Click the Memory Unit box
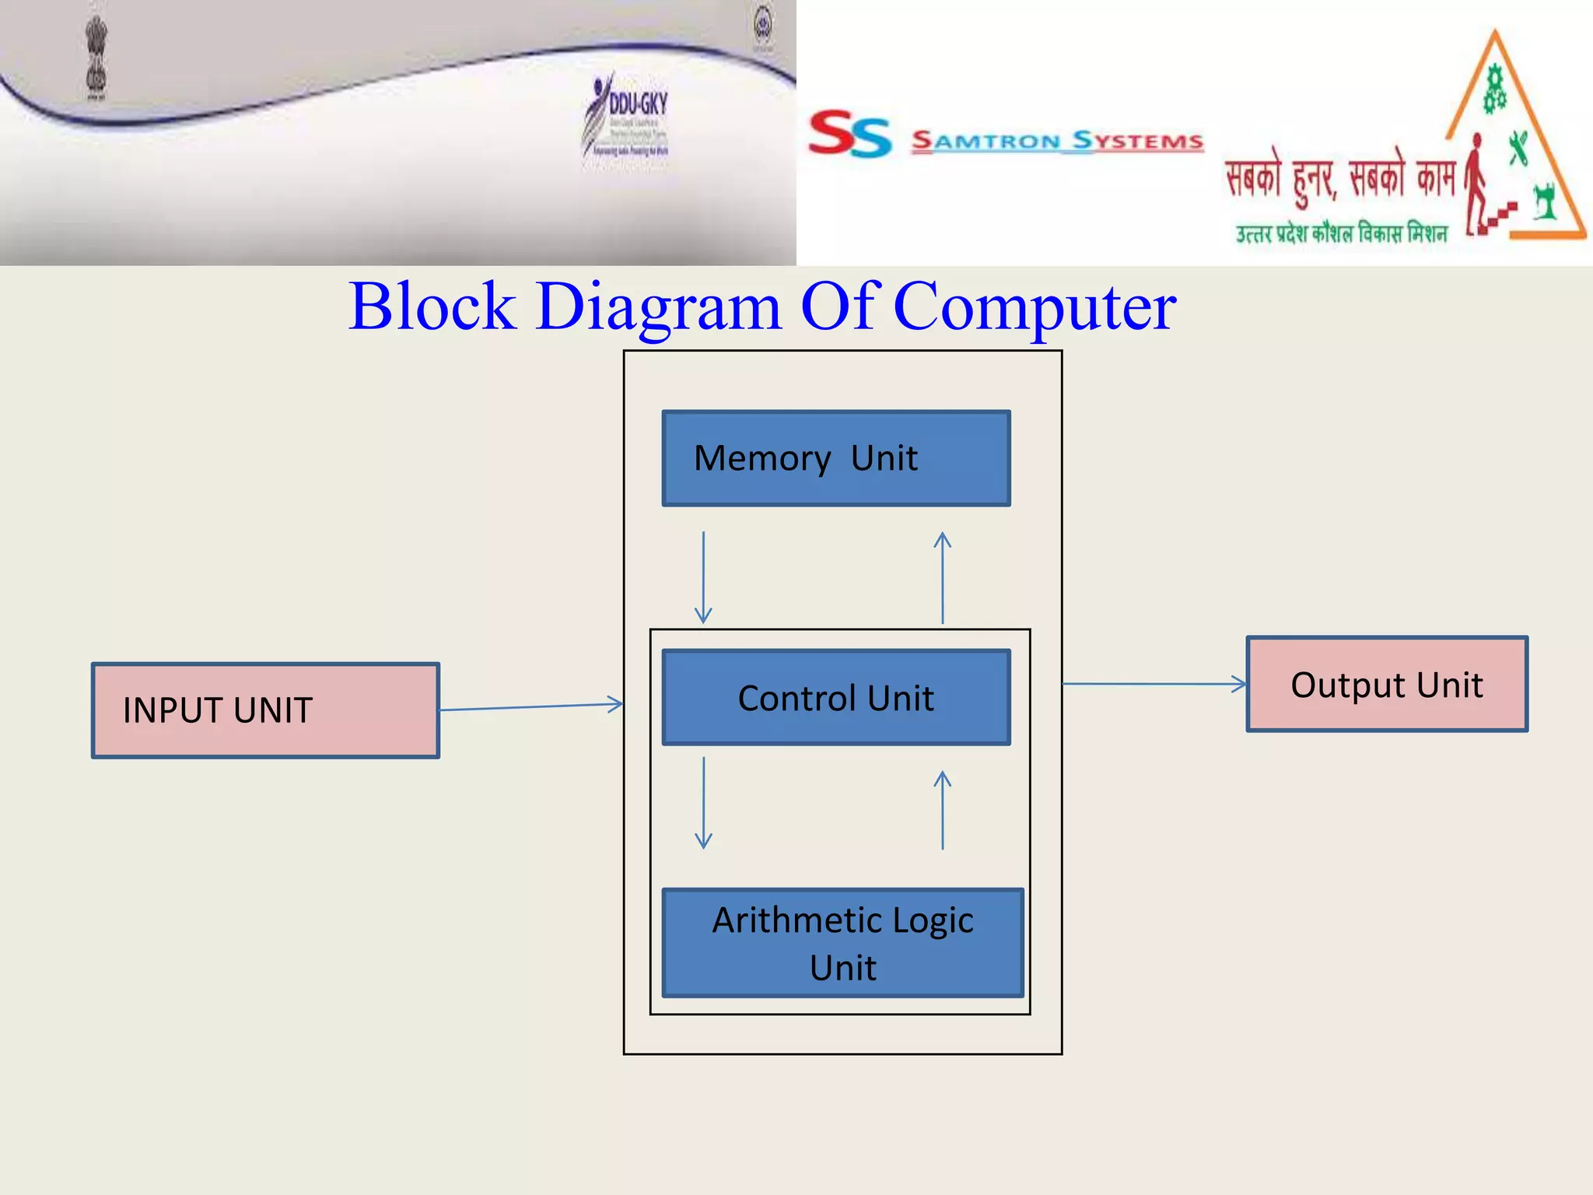tap(836, 458)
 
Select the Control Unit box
tap(836, 697)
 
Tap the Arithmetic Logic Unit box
tap(842, 943)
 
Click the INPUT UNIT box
tap(265, 710)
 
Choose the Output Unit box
tap(1387, 685)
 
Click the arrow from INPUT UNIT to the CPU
tap(531, 706)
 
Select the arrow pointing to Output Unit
tap(1154, 685)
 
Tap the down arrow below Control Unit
tap(703, 802)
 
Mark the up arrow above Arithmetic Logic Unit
tap(943, 810)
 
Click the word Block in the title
tap(432, 307)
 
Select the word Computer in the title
tap(1035, 308)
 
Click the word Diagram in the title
tap(658, 308)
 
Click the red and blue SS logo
tap(849, 135)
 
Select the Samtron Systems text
tap(1057, 142)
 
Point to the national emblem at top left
tap(96, 58)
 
